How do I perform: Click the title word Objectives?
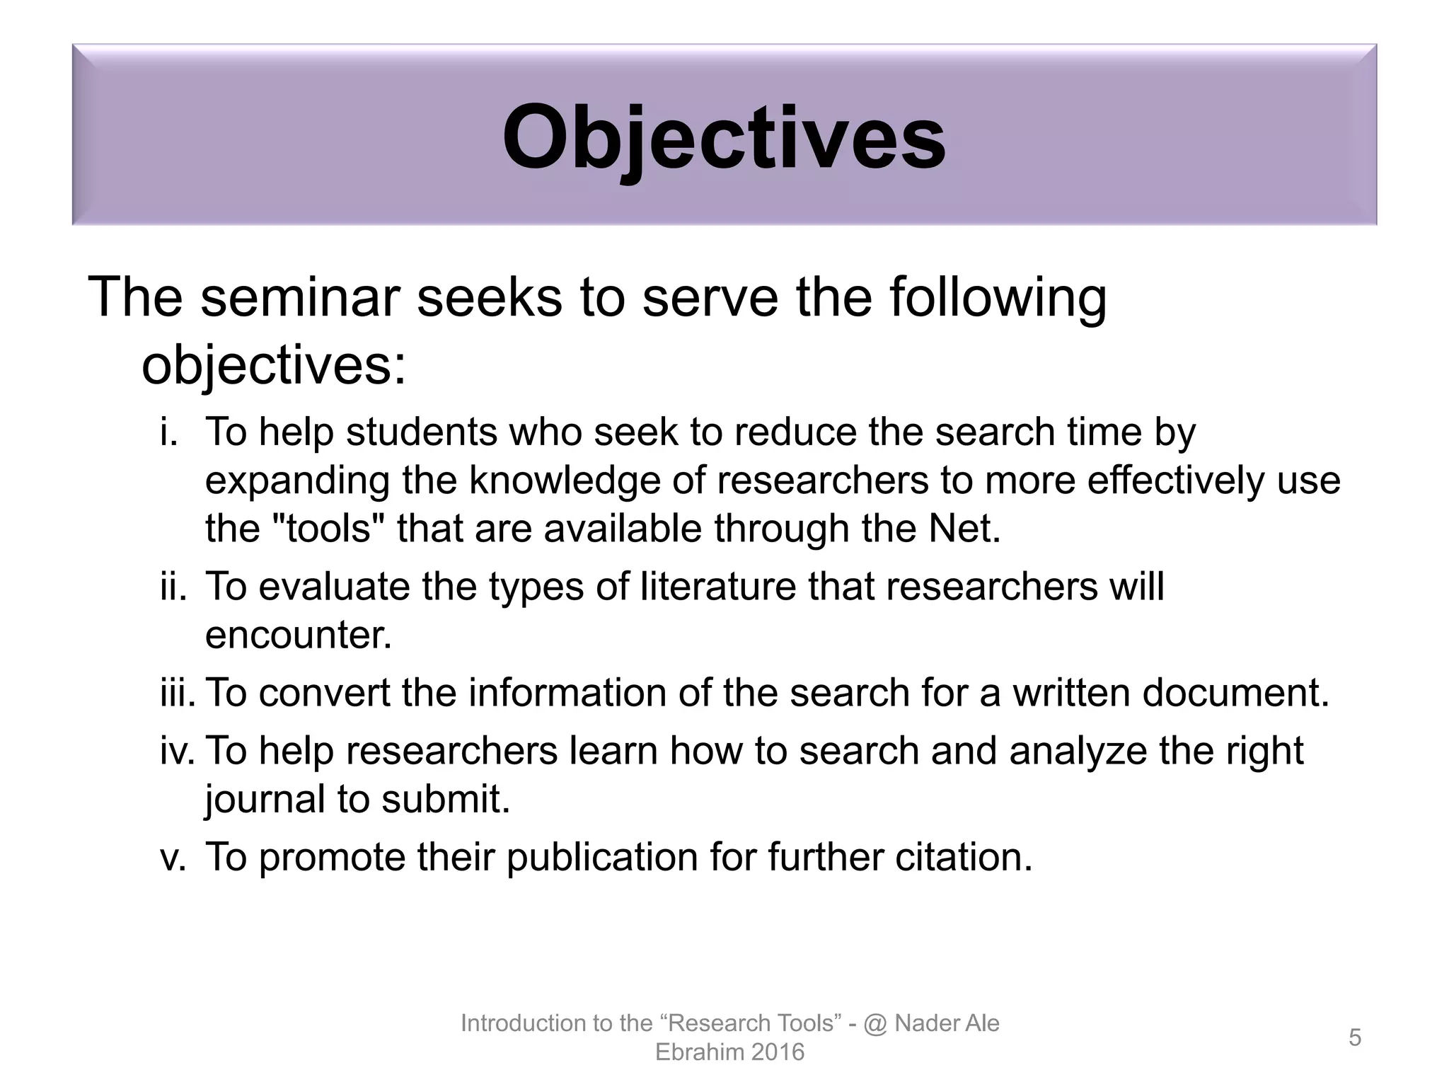[723, 138]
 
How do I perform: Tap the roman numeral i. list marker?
[168, 432]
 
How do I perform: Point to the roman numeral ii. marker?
[173, 587]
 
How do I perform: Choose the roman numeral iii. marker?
[178, 693]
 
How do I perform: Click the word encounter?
[297, 635]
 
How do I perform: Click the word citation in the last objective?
[963, 857]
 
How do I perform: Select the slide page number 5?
[1355, 1037]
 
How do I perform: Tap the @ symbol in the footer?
[875, 1023]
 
